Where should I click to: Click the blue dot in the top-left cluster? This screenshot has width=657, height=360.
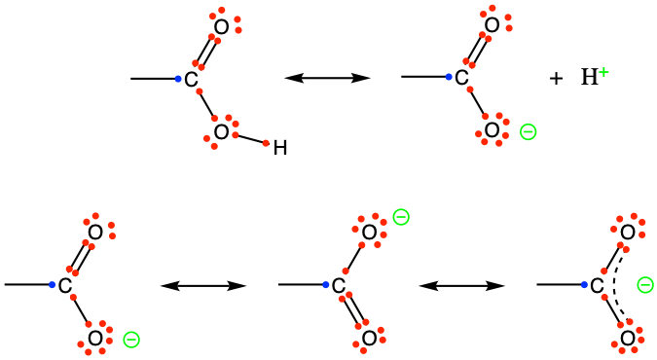pyautogui.click(x=178, y=79)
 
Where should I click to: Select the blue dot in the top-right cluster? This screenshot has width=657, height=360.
pyautogui.click(x=449, y=77)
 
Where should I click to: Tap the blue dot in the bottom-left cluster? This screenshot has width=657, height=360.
pyautogui.click(x=53, y=285)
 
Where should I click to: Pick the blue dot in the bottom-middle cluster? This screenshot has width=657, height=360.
pyautogui.click(x=326, y=285)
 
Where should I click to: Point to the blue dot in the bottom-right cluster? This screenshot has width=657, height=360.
pyautogui.click(x=584, y=285)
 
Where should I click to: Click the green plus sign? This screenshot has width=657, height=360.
pyautogui.click(x=603, y=72)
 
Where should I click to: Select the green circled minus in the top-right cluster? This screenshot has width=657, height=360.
pyautogui.click(x=528, y=131)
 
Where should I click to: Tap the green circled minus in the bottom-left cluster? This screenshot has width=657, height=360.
pyautogui.click(x=131, y=340)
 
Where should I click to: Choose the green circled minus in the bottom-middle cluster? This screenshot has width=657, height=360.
pyautogui.click(x=401, y=217)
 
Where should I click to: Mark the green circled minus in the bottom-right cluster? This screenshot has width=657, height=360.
pyautogui.click(x=645, y=285)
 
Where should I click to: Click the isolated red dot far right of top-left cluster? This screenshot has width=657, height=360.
pyautogui.click(x=266, y=143)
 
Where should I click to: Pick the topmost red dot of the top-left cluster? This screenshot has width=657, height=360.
pyautogui.click(x=222, y=10)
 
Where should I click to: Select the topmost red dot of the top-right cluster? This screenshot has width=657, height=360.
pyautogui.click(x=493, y=8)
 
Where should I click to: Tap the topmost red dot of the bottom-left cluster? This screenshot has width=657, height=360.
pyautogui.click(x=95, y=216)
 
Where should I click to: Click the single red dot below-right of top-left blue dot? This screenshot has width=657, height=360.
pyautogui.click(x=200, y=91)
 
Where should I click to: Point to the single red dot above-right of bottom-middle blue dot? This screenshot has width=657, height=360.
pyautogui.click(x=346, y=271)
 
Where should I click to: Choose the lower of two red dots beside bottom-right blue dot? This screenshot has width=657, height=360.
pyautogui.click(x=604, y=297)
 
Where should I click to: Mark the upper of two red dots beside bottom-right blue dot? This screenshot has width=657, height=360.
pyautogui.click(x=604, y=271)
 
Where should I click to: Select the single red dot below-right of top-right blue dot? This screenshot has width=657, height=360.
pyautogui.click(x=470, y=90)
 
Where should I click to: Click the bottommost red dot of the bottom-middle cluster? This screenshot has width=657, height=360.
pyautogui.click(x=364, y=349)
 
